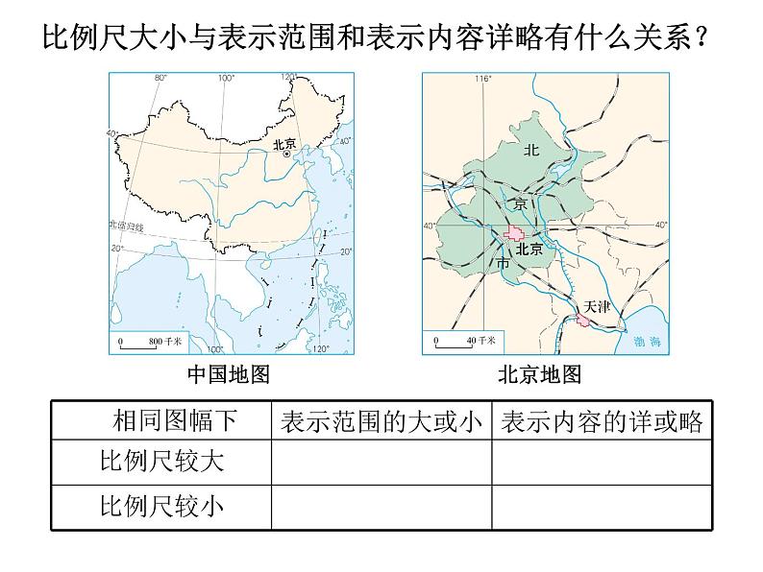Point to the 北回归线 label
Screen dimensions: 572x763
pos(126,226)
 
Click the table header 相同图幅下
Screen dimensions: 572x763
pos(173,420)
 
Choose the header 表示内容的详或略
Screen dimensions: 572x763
pos(602,420)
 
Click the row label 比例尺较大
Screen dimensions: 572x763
pos(161,462)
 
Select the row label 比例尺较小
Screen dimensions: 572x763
pos(161,506)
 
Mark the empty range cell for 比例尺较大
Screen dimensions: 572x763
pos(381,462)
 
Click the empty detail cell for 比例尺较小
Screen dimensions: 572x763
pos(602,506)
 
